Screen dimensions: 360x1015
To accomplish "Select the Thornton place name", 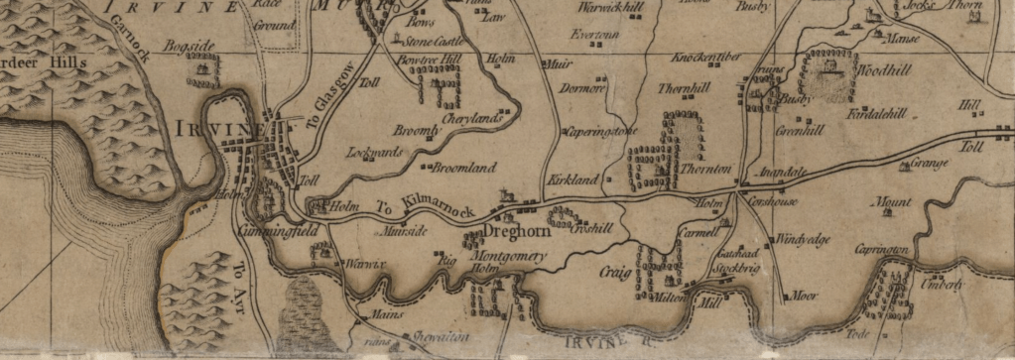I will coord(704,170).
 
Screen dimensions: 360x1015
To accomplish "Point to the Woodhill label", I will coord(873,71).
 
